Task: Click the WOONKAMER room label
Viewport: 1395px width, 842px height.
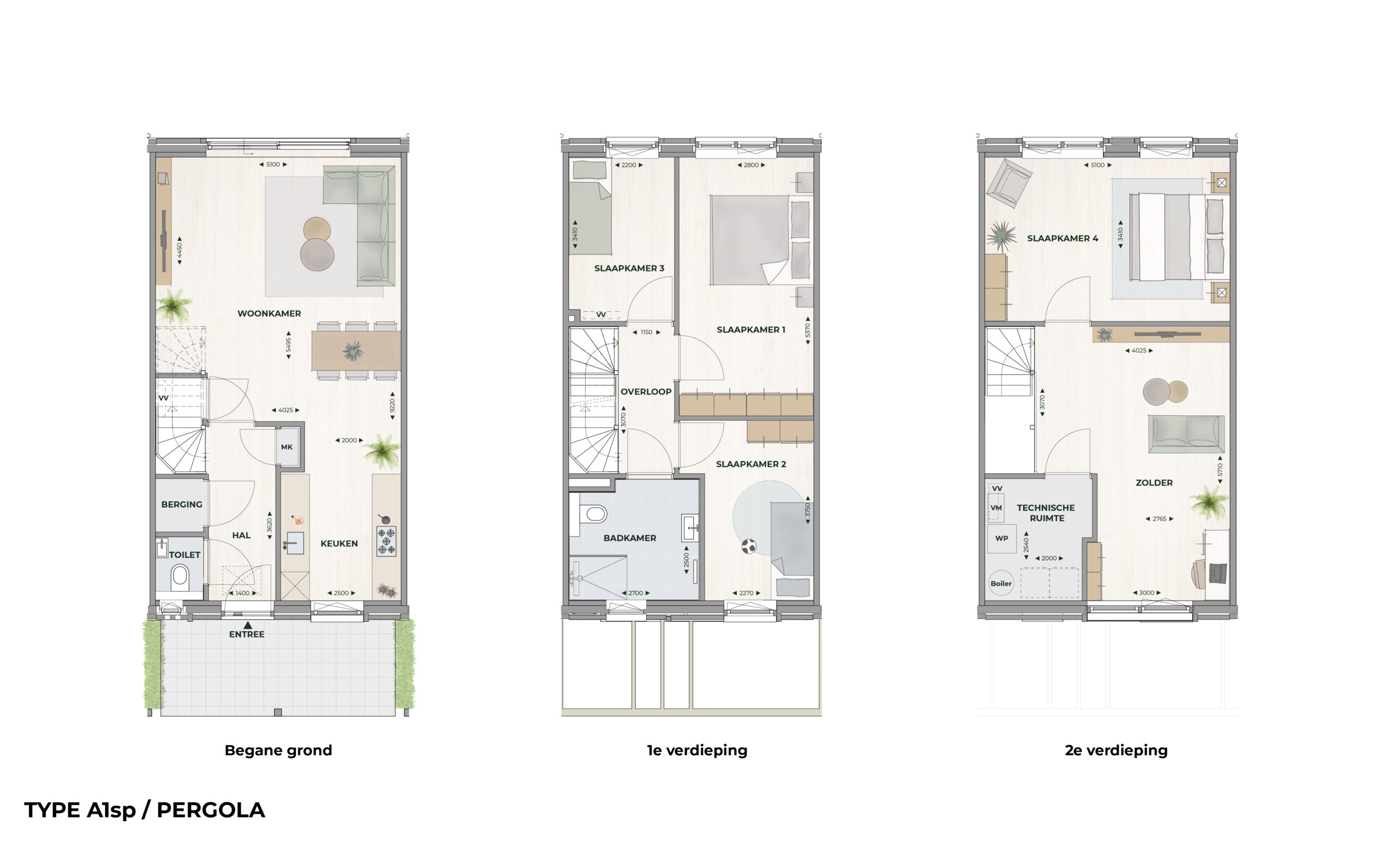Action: [269, 314]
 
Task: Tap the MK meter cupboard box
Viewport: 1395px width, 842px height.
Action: [287, 447]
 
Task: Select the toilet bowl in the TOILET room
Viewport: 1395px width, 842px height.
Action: [180, 577]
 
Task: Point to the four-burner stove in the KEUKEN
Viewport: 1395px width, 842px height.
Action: [387, 541]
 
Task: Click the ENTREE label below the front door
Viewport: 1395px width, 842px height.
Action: [247, 634]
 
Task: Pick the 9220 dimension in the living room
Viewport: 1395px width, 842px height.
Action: [392, 406]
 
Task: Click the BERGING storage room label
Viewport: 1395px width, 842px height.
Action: [182, 505]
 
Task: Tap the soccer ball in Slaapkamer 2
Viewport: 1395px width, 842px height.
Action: [749, 547]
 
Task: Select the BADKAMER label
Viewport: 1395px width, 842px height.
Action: [629, 538]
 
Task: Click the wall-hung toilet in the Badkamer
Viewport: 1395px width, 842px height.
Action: [592, 514]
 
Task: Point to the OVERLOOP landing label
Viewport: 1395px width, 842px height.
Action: [646, 392]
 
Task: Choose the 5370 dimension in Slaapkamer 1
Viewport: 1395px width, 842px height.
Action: [808, 331]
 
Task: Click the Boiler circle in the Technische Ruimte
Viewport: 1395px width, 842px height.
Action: [1001, 584]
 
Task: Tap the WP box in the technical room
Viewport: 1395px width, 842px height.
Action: [1002, 538]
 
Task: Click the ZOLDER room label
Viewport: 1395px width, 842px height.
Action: [1154, 483]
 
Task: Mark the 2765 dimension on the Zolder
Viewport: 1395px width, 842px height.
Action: [1160, 519]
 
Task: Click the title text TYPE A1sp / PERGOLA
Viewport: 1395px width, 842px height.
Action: [144, 810]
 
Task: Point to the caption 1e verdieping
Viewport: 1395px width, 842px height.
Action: [697, 750]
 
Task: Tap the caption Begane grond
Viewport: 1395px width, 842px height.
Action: [278, 750]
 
